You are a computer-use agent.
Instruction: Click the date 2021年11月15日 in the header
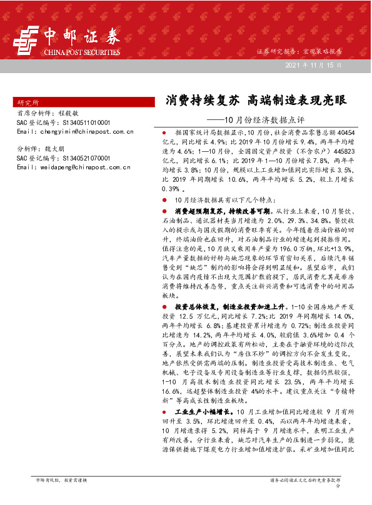click(313, 65)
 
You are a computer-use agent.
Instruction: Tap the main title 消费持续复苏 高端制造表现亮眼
click(255, 99)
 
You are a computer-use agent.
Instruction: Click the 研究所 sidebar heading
click(28, 102)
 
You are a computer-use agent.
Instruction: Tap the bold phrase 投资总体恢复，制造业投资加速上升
click(229, 307)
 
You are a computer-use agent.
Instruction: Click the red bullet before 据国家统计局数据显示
click(164, 133)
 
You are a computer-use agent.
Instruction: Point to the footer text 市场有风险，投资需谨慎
click(61, 497)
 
